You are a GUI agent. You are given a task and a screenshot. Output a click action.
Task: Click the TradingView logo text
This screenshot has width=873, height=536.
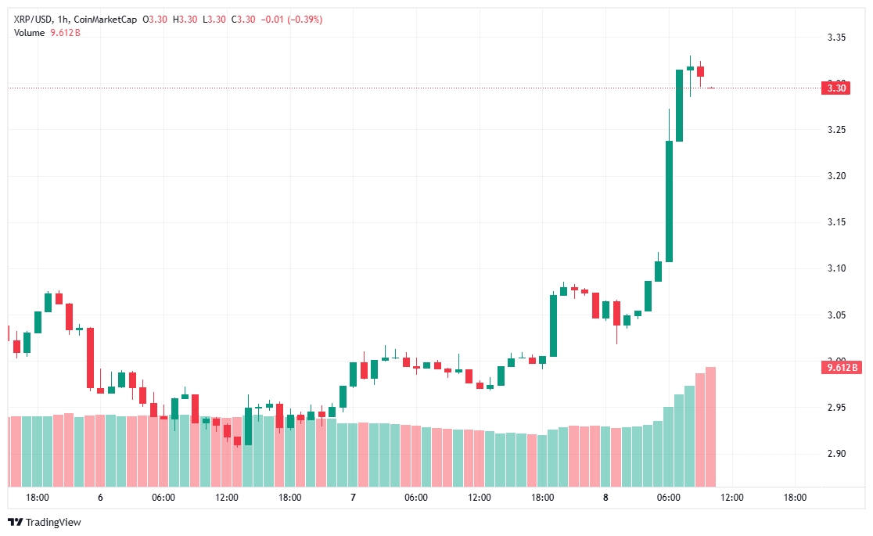[x=53, y=522]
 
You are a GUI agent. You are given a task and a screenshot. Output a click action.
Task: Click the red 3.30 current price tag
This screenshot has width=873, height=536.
[x=835, y=88]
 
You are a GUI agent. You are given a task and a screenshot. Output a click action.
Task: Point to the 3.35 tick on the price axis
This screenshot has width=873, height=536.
[x=836, y=38]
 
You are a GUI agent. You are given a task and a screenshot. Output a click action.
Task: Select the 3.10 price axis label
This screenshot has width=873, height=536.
[x=836, y=268]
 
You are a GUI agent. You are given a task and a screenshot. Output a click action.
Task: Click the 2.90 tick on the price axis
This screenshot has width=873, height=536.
[x=836, y=454]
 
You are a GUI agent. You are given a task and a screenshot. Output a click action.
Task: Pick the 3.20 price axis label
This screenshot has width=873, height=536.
[x=836, y=176]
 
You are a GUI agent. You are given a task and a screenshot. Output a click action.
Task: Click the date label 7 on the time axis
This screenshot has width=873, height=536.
[x=353, y=498]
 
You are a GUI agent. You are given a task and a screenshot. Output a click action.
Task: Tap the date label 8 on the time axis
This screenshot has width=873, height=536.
[x=605, y=498]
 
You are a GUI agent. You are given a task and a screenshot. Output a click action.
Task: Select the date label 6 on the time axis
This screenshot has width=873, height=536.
[x=100, y=498]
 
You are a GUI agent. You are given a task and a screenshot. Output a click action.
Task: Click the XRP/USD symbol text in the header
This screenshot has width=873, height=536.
[x=33, y=20]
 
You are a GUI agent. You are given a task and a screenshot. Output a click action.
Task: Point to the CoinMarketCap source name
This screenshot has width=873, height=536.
[x=106, y=20]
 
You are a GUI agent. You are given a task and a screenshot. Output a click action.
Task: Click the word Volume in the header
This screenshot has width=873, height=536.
[x=30, y=33]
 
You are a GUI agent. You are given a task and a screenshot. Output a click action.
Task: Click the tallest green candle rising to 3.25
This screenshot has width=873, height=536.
[x=670, y=201]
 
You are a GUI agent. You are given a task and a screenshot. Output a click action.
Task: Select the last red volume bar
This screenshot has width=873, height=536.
[x=710, y=426]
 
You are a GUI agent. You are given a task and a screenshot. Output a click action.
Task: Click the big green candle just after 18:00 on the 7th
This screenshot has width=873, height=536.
[x=553, y=326]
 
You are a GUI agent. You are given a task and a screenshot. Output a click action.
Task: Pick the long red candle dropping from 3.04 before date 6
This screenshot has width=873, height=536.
[x=90, y=358]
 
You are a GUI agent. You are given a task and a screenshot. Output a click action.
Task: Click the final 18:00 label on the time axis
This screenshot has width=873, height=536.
[x=795, y=498]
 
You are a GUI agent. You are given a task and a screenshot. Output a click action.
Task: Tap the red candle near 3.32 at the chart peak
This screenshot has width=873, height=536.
[x=700, y=71]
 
